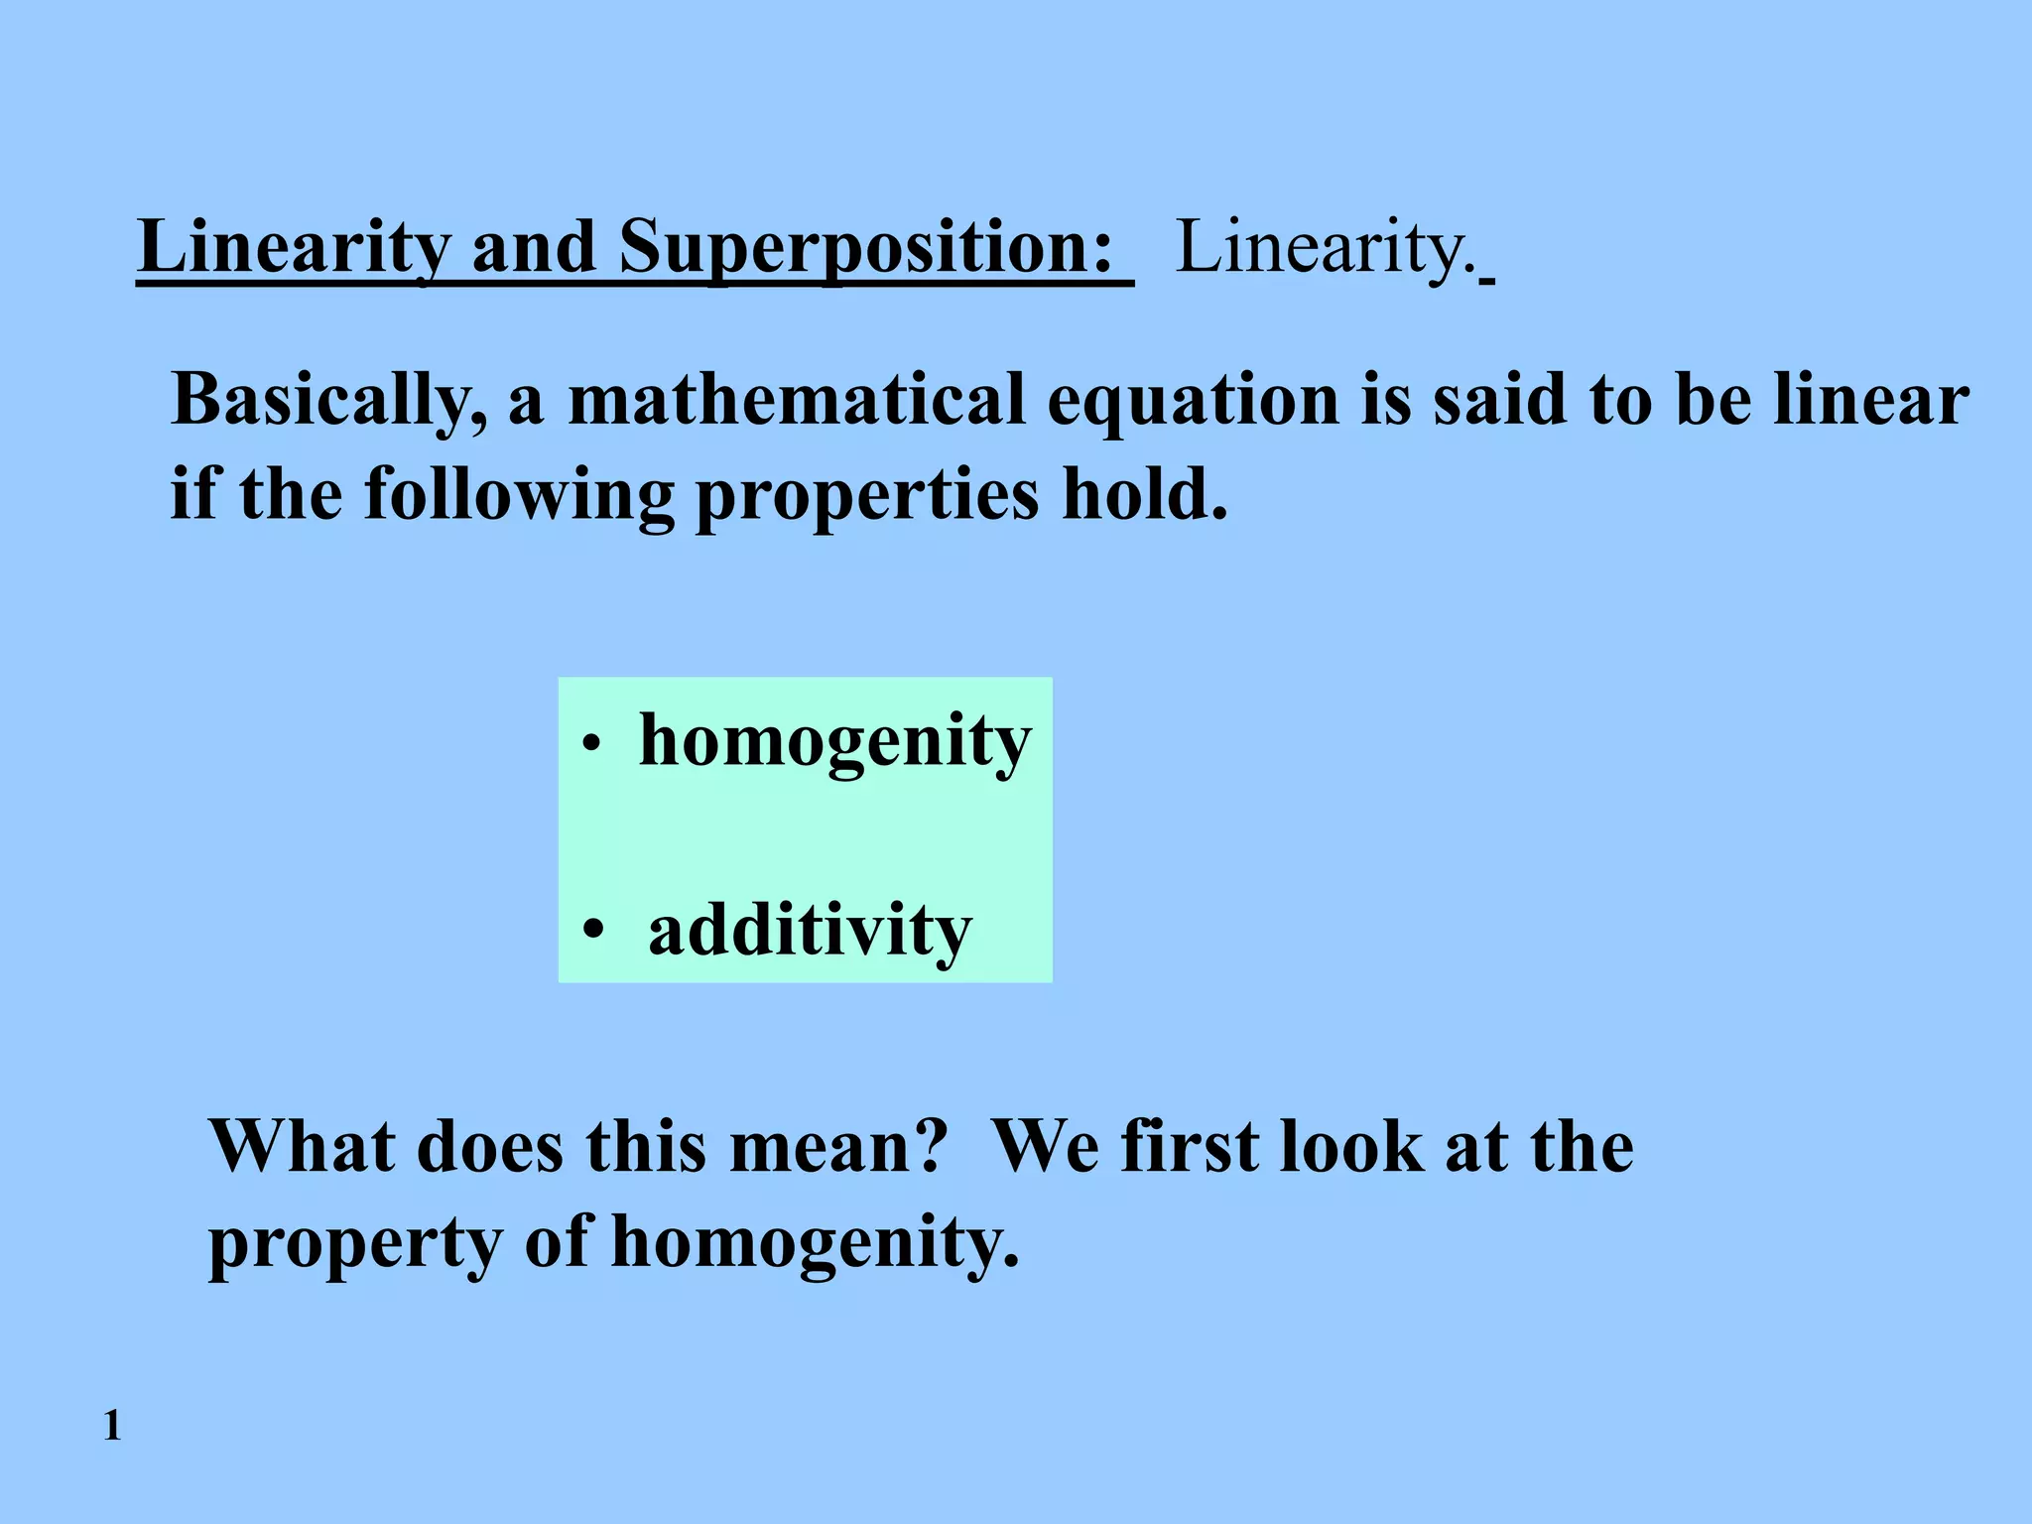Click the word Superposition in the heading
coord(865,248)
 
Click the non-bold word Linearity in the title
coord(1324,248)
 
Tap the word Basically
coord(328,401)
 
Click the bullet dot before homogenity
coord(592,744)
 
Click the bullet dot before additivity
coord(593,931)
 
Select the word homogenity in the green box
coord(835,741)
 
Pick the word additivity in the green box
coord(810,931)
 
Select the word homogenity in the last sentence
coord(814,1242)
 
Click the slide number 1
coord(112,1426)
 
